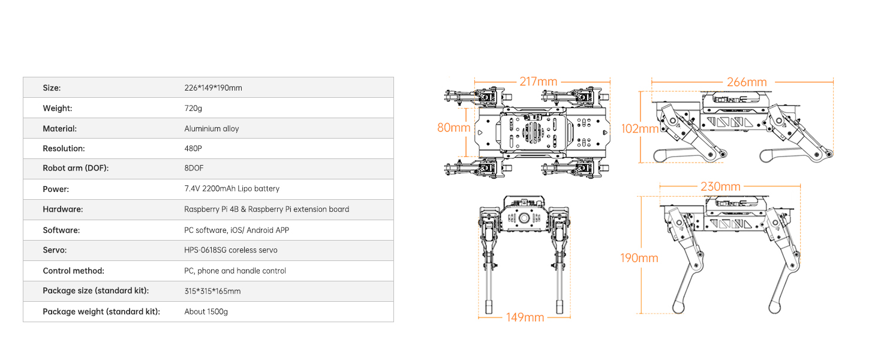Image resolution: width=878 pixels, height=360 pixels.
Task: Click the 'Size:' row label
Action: pyautogui.click(x=52, y=88)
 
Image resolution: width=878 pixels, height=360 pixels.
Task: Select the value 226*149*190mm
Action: pyautogui.click(x=213, y=88)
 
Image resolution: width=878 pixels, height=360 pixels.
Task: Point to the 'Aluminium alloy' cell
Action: pyautogui.click(x=211, y=128)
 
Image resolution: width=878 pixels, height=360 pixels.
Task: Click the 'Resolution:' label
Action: pyautogui.click(x=64, y=148)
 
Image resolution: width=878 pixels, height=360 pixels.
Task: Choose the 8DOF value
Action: pyautogui.click(x=194, y=169)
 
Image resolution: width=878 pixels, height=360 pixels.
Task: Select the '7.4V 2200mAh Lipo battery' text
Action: pyautogui.click(x=231, y=189)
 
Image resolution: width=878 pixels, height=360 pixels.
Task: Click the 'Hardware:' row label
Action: pyautogui.click(x=62, y=209)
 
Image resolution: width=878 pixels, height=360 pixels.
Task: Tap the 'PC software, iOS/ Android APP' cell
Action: pyautogui.click(x=236, y=230)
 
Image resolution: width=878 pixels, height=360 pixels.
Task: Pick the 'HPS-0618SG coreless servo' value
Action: pyautogui.click(x=230, y=250)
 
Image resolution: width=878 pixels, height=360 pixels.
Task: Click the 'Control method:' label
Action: pyautogui.click(x=73, y=271)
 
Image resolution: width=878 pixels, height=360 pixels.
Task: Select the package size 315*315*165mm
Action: pyautogui.click(x=212, y=291)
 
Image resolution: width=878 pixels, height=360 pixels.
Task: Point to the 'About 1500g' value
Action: pyautogui.click(x=206, y=311)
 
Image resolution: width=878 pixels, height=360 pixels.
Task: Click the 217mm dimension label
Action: pyautogui.click(x=538, y=82)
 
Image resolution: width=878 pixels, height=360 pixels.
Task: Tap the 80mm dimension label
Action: pyautogui.click(x=453, y=128)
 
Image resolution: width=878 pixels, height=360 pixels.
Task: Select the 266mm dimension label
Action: pyautogui.click(x=746, y=82)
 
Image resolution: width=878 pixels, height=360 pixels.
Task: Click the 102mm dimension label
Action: pyautogui.click(x=639, y=128)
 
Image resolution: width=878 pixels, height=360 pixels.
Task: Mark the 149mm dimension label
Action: pyautogui.click(x=525, y=317)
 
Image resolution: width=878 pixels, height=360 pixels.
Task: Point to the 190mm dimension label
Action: pyautogui.click(x=639, y=258)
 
